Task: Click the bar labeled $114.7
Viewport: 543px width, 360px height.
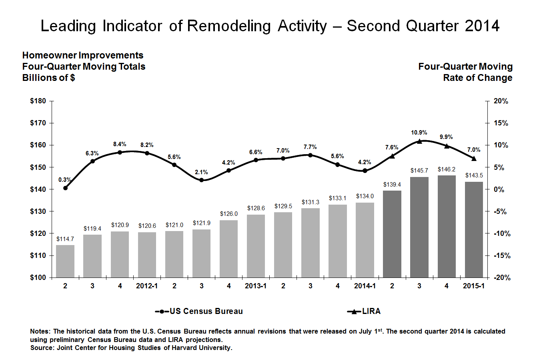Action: click(x=65, y=261)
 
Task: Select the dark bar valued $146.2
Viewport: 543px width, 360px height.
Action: click(x=447, y=226)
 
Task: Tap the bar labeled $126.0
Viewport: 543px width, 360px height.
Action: click(x=228, y=249)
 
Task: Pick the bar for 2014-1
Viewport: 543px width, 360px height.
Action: click(x=365, y=240)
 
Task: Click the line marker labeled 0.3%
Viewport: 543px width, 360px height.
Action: click(x=65, y=188)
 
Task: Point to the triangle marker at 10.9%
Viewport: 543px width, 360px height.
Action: click(x=419, y=141)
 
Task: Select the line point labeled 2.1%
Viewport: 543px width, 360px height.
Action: click(x=201, y=180)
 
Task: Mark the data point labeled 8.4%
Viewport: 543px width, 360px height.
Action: click(x=120, y=152)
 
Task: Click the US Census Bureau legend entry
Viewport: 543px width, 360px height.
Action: click(x=199, y=312)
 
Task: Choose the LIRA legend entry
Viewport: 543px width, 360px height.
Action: click(x=364, y=312)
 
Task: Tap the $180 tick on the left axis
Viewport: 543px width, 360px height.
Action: click(x=38, y=101)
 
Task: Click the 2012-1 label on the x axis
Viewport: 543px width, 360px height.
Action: click(x=147, y=286)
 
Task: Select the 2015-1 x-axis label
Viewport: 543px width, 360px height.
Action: click(x=473, y=286)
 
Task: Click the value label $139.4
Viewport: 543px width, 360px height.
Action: click(x=392, y=185)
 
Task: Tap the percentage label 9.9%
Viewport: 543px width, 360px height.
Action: click(x=446, y=137)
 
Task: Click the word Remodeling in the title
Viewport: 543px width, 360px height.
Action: click(x=229, y=26)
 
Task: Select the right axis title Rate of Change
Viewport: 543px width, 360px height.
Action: click(x=477, y=78)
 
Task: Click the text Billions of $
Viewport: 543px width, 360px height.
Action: click(x=48, y=78)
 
